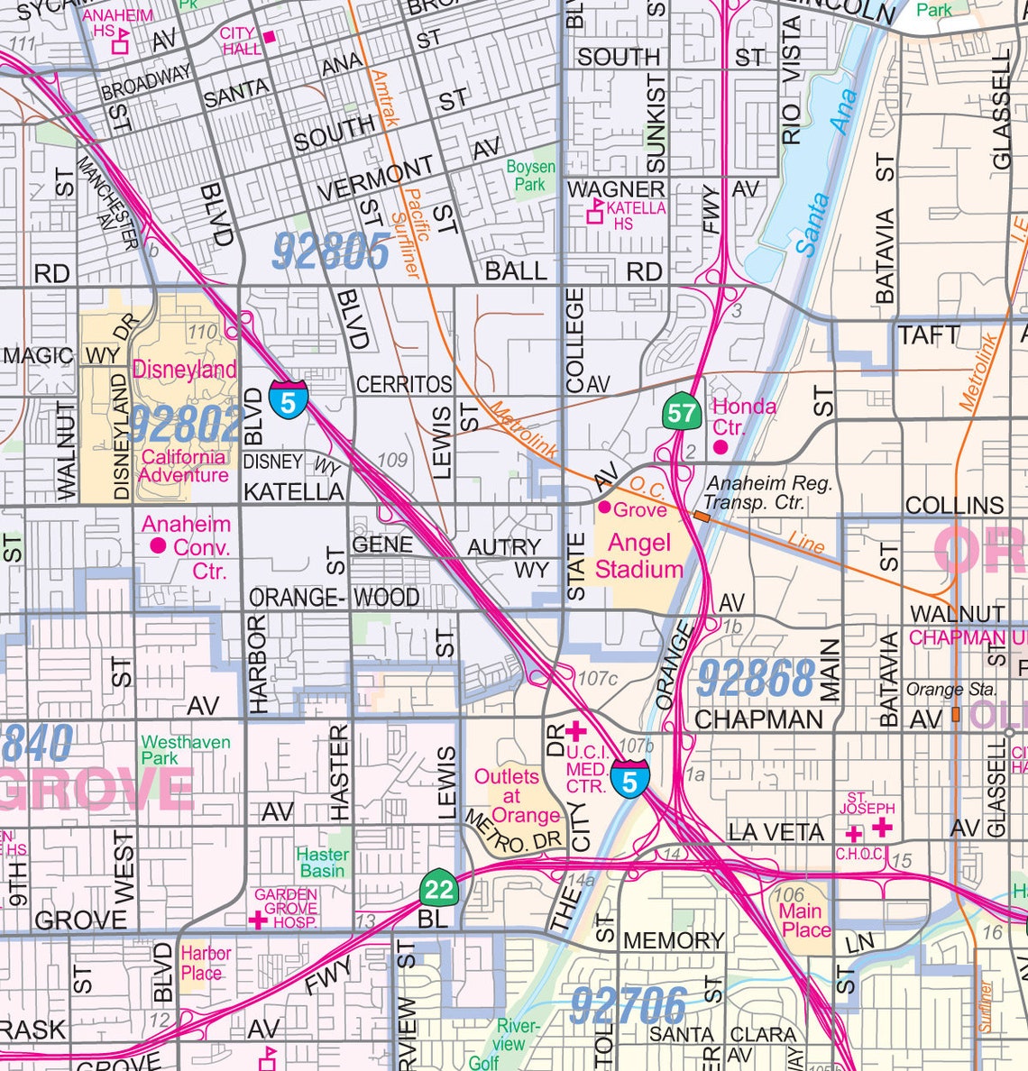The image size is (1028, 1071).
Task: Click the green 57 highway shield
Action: pos(683,413)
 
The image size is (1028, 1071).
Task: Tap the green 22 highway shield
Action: pos(439,890)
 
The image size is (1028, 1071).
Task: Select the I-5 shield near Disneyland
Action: pos(288,398)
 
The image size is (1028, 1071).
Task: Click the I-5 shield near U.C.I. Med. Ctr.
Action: pos(629,778)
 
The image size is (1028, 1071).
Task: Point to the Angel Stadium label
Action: pos(638,556)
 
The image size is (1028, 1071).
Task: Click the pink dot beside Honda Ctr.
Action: pos(721,446)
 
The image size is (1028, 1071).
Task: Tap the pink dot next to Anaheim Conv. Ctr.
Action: pos(158,545)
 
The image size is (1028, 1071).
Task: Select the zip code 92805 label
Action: pos(331,252)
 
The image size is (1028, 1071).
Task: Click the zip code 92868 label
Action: pos(756,678)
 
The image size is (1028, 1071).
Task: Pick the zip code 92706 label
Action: pos(629,1005)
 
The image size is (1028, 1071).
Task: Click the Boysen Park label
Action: pos(530,176)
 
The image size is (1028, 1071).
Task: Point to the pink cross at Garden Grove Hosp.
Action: pos(257,920)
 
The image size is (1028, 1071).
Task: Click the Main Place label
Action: pos(801,920)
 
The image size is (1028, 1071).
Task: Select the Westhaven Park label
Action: pos(185,750)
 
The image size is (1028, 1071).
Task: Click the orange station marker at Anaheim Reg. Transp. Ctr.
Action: pos(702,517)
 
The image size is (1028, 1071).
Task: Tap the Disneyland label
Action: pos(185,369)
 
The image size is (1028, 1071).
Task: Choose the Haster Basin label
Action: pos(323,862)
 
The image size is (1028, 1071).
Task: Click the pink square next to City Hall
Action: pos(268,38)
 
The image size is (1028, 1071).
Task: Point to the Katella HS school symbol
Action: pos(595,214)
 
